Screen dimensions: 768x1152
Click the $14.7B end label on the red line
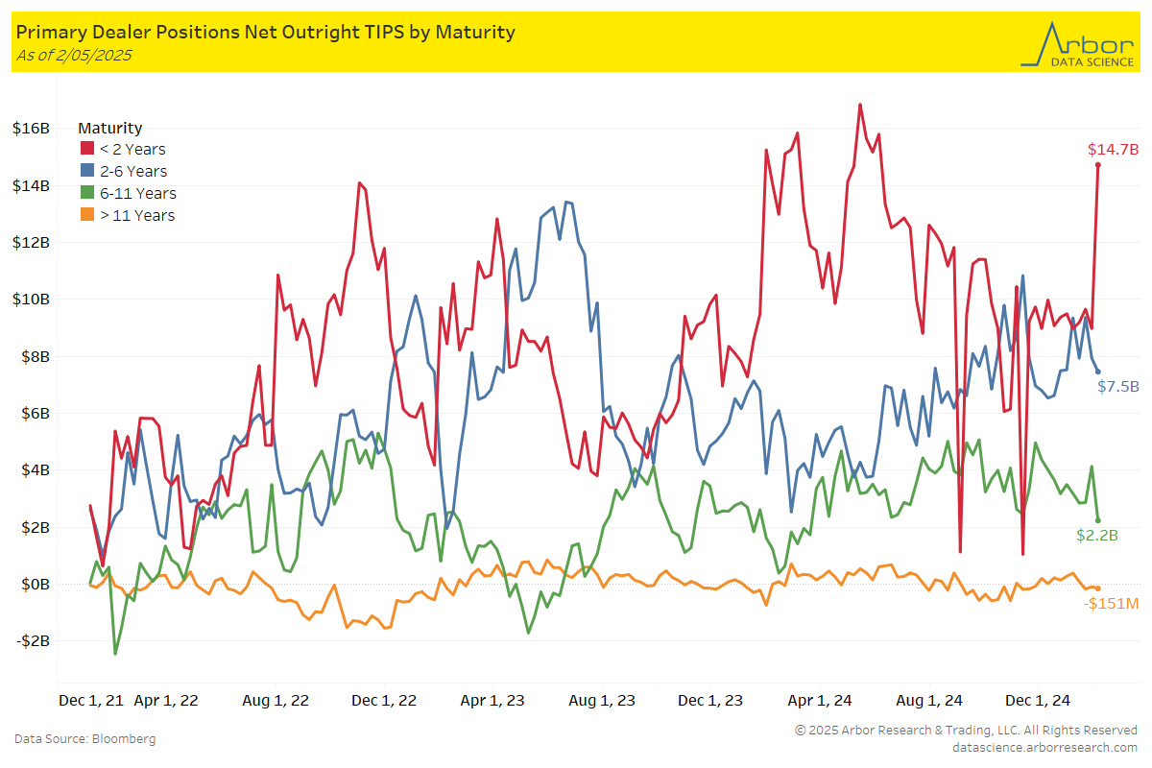[x=1113, y=150]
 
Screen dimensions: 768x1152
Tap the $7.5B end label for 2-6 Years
[x=1118, y=387]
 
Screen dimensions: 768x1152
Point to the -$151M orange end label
[x=1111, y=604]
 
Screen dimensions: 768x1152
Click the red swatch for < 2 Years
[x=86, y=150]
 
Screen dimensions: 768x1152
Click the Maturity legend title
[x=109, y=128]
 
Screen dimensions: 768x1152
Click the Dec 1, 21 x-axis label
[x=91, y=701]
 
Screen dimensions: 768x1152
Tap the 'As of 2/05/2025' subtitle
[x=74, y=55]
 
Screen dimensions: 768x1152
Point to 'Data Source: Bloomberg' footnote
[x=84, y=739]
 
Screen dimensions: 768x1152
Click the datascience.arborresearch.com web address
[x=1044, y=747]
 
